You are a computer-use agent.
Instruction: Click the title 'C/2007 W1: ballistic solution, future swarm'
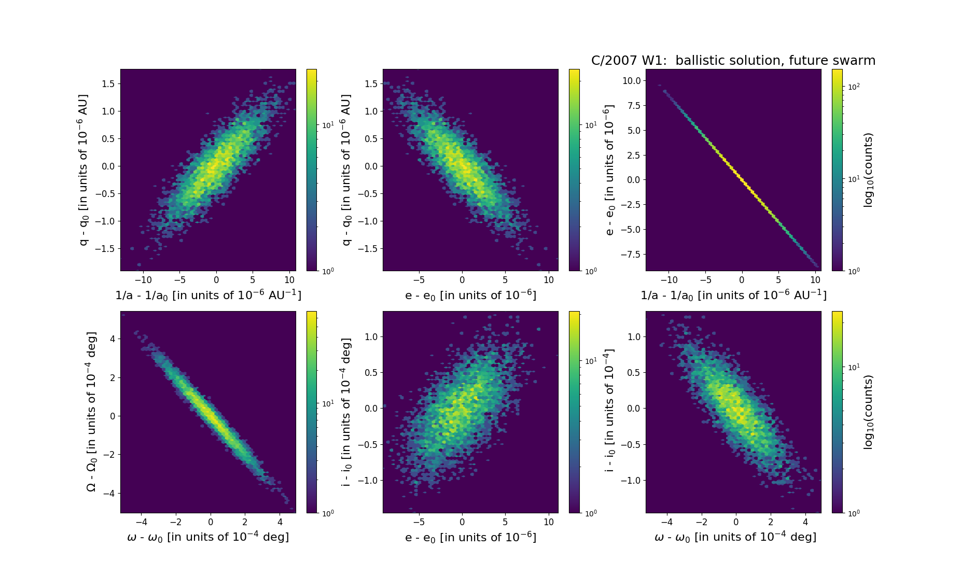click(733, 61)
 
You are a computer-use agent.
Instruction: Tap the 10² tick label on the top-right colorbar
click(853, 87)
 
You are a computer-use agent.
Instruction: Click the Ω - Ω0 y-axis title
click(91, 412)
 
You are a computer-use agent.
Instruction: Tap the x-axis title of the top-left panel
click(208, 295)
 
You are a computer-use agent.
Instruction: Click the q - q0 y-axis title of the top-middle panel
click(346, 170)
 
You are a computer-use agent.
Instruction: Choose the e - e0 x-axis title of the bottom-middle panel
click(470, 537)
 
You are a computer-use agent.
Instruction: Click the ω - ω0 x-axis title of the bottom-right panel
click(735, 537)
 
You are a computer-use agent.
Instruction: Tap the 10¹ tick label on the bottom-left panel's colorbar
click(328, 403)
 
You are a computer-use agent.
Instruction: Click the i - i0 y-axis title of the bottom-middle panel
click(346, 412)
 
